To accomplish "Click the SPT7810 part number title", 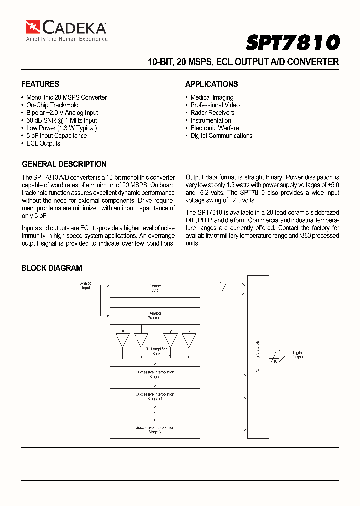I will (x=292, y=43).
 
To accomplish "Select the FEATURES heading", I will (x=40, y=84).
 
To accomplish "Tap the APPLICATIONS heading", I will (x=211, y=84).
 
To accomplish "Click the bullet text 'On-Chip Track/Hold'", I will (x=52, y=105).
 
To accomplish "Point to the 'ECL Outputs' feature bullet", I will (x=43, y=144).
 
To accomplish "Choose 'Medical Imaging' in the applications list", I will (x=212, y=98).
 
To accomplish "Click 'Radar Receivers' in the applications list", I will (x=212, y=113).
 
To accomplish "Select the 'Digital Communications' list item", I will (x=221, y=136).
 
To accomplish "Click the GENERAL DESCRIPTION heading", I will (x=64, y=164).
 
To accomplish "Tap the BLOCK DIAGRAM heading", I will (x=52, y=268).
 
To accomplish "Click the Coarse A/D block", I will (x=155, y=288).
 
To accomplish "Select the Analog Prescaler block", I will (x=155, y=316).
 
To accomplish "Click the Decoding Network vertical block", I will (x=258, y=356).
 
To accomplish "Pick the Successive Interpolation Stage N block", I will (x=155, y=430).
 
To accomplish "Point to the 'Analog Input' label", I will (x=86, y=286).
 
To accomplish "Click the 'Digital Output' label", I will (x=298, y=355).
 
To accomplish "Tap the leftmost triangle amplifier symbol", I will (x=123, y=340).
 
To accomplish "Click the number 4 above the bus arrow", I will (x=220, y=283).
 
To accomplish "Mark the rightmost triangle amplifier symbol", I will (x=189, y=340).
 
